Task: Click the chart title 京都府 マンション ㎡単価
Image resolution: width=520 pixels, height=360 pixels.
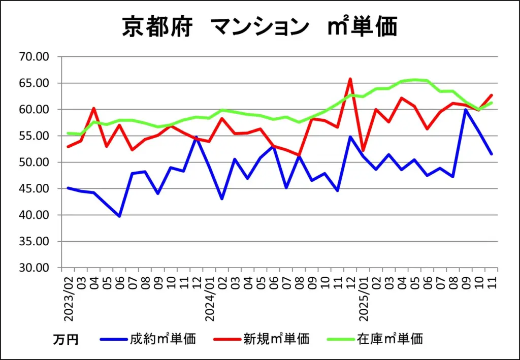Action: click(259, 26)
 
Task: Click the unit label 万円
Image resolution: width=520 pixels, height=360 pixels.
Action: click(66, 339)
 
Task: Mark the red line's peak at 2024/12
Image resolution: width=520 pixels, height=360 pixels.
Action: click(350, 79)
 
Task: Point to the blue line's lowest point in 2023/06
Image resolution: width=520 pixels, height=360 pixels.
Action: click(119, 216)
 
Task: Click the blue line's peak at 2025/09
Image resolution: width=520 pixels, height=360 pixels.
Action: click(466, 109)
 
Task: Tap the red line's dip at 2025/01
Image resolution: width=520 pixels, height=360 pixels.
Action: click(363, 151)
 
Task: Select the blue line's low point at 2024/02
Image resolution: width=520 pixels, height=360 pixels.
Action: click(222, 199)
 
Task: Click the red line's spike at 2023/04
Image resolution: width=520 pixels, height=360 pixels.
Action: click(94, 108)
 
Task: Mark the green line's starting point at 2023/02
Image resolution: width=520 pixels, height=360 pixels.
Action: click(68, 133)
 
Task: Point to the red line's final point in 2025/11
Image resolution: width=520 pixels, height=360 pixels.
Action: click(492, 95)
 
